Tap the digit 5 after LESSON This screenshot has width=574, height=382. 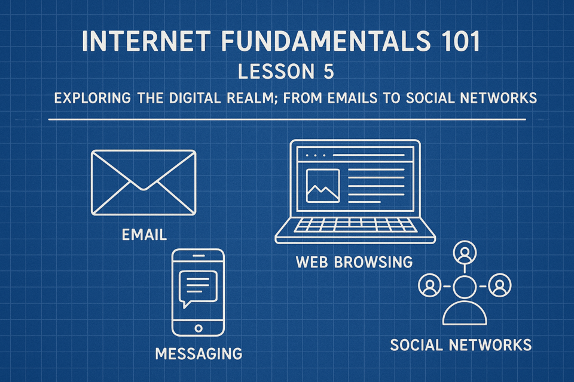point(329,71)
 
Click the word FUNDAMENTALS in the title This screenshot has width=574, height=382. point(326,41)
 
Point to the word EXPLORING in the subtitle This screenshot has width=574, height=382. point(93,98)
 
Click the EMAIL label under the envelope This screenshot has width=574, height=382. point(144,235)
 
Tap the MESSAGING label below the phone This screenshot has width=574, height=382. point(199,354)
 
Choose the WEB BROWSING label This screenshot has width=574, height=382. point(355,262)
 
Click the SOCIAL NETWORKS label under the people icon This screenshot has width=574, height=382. point(461,345)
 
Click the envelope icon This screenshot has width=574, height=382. point(143,183)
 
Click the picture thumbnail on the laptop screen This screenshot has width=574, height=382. point(323,186)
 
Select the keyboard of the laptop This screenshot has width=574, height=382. point(355,225)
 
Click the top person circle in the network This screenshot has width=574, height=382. point(465,252)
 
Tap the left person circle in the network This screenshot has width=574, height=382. point(429,285)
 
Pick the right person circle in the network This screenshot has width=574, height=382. point(500,285)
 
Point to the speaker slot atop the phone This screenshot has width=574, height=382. point(198,255)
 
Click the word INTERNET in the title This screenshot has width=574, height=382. point(146,41)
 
